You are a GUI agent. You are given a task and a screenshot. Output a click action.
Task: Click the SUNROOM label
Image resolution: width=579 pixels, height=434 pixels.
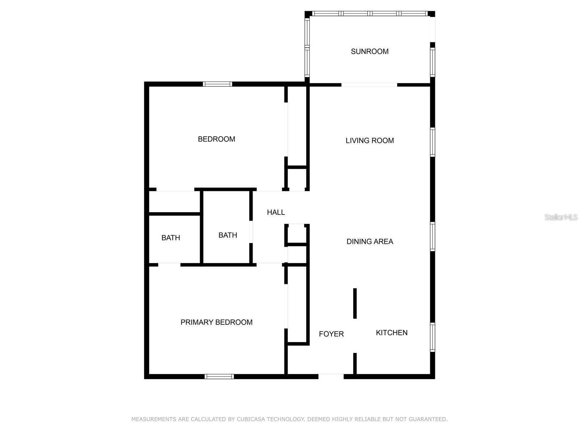click(369, 51)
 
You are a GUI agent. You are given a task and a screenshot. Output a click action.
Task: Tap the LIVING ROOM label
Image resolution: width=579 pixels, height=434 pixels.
click(369, 140)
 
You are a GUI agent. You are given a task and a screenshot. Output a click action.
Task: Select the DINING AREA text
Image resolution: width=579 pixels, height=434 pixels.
click(369, 241)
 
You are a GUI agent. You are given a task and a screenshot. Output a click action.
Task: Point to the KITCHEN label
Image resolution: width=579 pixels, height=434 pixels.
click(392, 332)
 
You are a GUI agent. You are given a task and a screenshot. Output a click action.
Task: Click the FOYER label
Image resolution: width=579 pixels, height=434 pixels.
click(331, 334)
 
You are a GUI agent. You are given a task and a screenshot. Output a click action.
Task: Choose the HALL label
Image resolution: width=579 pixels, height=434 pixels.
click(276, 212)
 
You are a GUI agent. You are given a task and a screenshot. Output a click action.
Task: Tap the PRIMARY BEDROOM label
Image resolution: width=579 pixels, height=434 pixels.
click(216, 322)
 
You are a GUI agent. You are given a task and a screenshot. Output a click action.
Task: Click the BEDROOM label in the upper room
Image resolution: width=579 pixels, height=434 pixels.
click(216, 139)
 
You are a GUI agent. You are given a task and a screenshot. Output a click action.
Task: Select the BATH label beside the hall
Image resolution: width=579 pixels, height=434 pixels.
click(228, 235)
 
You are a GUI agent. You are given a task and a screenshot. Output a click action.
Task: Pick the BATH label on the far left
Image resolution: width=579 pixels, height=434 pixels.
click(171, 238)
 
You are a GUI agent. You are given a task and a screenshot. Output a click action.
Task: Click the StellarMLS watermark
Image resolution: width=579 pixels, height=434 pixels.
click(561, 217)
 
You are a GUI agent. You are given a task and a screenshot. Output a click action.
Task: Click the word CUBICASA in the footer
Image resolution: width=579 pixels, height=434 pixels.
click(250, 419)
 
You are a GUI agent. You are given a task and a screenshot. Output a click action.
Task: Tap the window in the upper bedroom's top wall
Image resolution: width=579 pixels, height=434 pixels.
click(217, 84)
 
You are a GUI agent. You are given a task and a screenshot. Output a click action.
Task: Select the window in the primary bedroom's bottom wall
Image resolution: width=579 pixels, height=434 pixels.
click(219, 376)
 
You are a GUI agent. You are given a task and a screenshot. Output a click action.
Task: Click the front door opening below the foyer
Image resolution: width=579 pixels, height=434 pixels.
click(331, 376)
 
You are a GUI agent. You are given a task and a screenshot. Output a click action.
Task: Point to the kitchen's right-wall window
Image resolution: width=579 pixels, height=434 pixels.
click(432, 337)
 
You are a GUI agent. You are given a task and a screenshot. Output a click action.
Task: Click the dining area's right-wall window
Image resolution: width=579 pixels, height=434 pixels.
click(432, 237)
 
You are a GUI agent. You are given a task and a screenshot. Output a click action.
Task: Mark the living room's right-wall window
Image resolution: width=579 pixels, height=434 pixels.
click(432, 142)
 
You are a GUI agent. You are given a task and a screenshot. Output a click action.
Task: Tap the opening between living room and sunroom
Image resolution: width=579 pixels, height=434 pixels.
click(369, 85)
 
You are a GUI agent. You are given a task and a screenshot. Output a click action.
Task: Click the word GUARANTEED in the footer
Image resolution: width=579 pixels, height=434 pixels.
click(429, 419)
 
